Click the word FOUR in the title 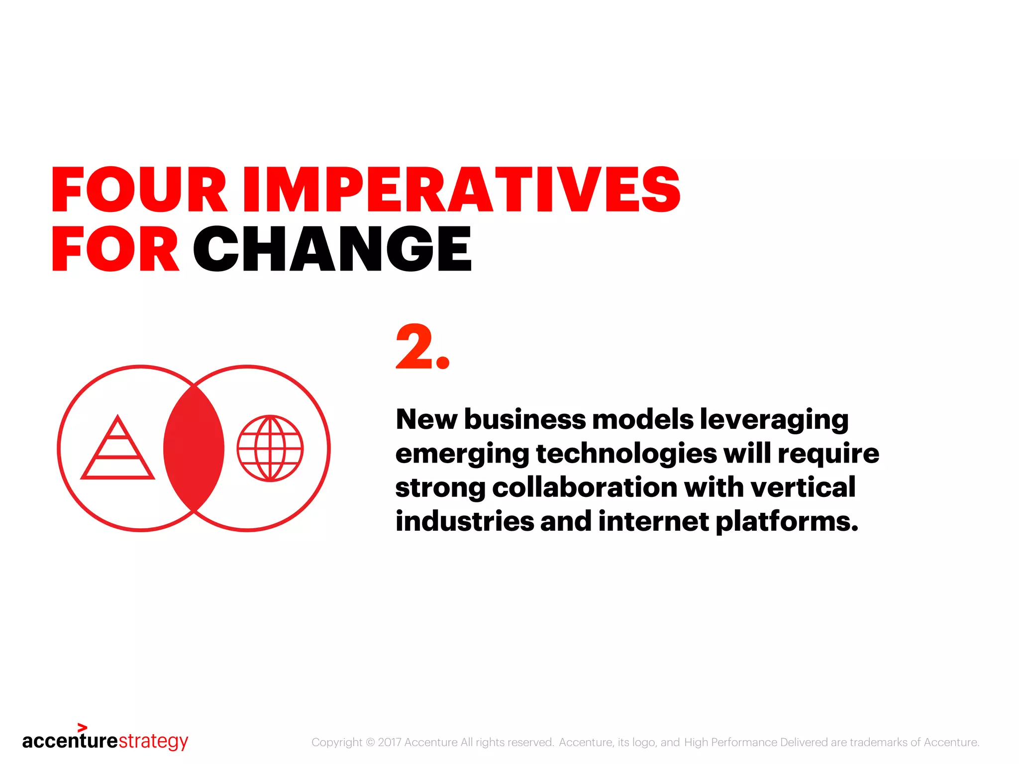(139, 190)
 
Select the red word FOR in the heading (115, 249)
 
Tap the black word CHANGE (332, 249)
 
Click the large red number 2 (414, 347)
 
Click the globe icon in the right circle (270, 448)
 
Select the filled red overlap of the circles (194, 448)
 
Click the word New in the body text (426, 419)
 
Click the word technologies (626, 454)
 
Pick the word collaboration (585, 487)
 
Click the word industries (465, 521)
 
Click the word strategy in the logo (153, 741)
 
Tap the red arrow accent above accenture (83, 728)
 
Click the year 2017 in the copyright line (390, 742)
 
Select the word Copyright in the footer (336, 742)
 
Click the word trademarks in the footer (878, 742)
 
